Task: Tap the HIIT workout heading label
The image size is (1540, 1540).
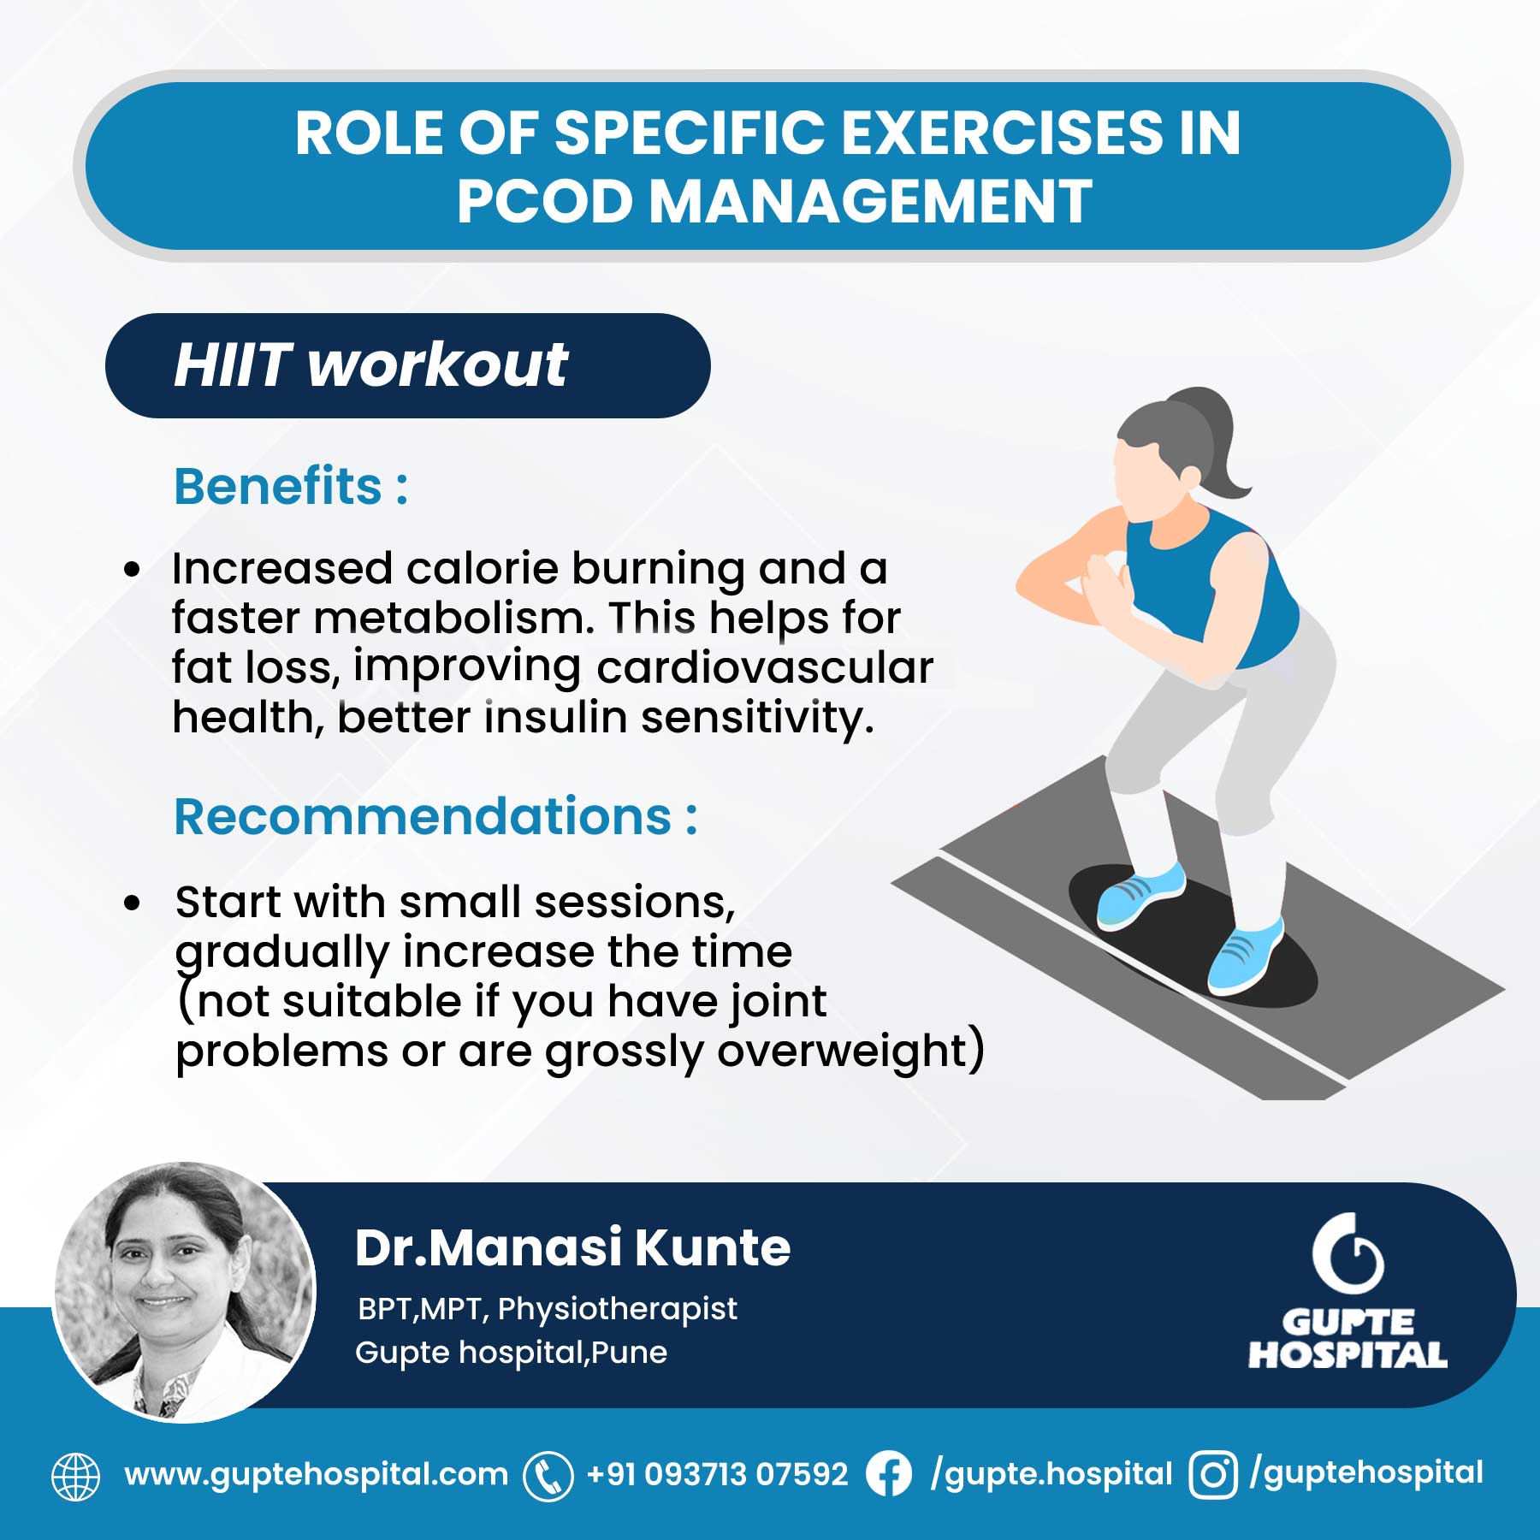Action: click(370, 365)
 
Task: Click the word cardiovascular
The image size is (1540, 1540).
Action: click(764, 668)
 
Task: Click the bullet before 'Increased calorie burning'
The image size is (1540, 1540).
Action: click(132, 569)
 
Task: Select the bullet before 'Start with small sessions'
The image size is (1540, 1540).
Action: click(132, 903)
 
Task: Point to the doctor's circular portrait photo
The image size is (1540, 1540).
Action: click(183, 1292)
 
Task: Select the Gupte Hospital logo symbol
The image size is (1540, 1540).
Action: click(1347, 1254)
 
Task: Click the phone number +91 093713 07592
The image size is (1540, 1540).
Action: click(717, 1475)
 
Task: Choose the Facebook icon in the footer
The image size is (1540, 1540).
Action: click(889, 1475)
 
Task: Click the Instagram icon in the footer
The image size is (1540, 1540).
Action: click(1212, 1475)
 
